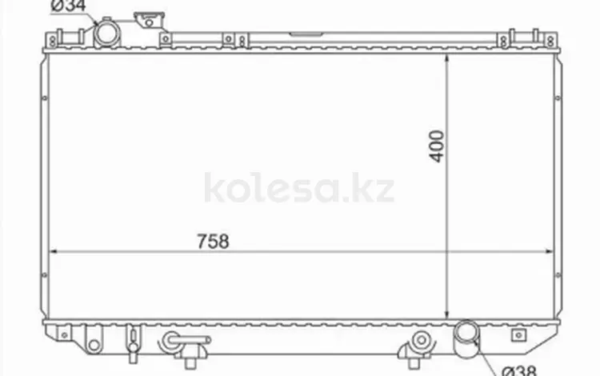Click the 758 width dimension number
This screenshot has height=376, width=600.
(213, 242)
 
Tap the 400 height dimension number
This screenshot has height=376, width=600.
(437, 146)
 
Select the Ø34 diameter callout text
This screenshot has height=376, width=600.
(68, 6)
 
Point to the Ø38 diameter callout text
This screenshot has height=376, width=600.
(519, 370)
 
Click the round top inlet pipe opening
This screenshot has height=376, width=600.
(107, 34)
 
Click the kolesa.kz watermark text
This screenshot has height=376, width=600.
(299, 188)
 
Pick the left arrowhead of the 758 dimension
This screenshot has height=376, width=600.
(54, 252)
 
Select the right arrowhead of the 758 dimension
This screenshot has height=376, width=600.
(549, 252)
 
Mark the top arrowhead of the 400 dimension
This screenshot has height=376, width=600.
(446, 58)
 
